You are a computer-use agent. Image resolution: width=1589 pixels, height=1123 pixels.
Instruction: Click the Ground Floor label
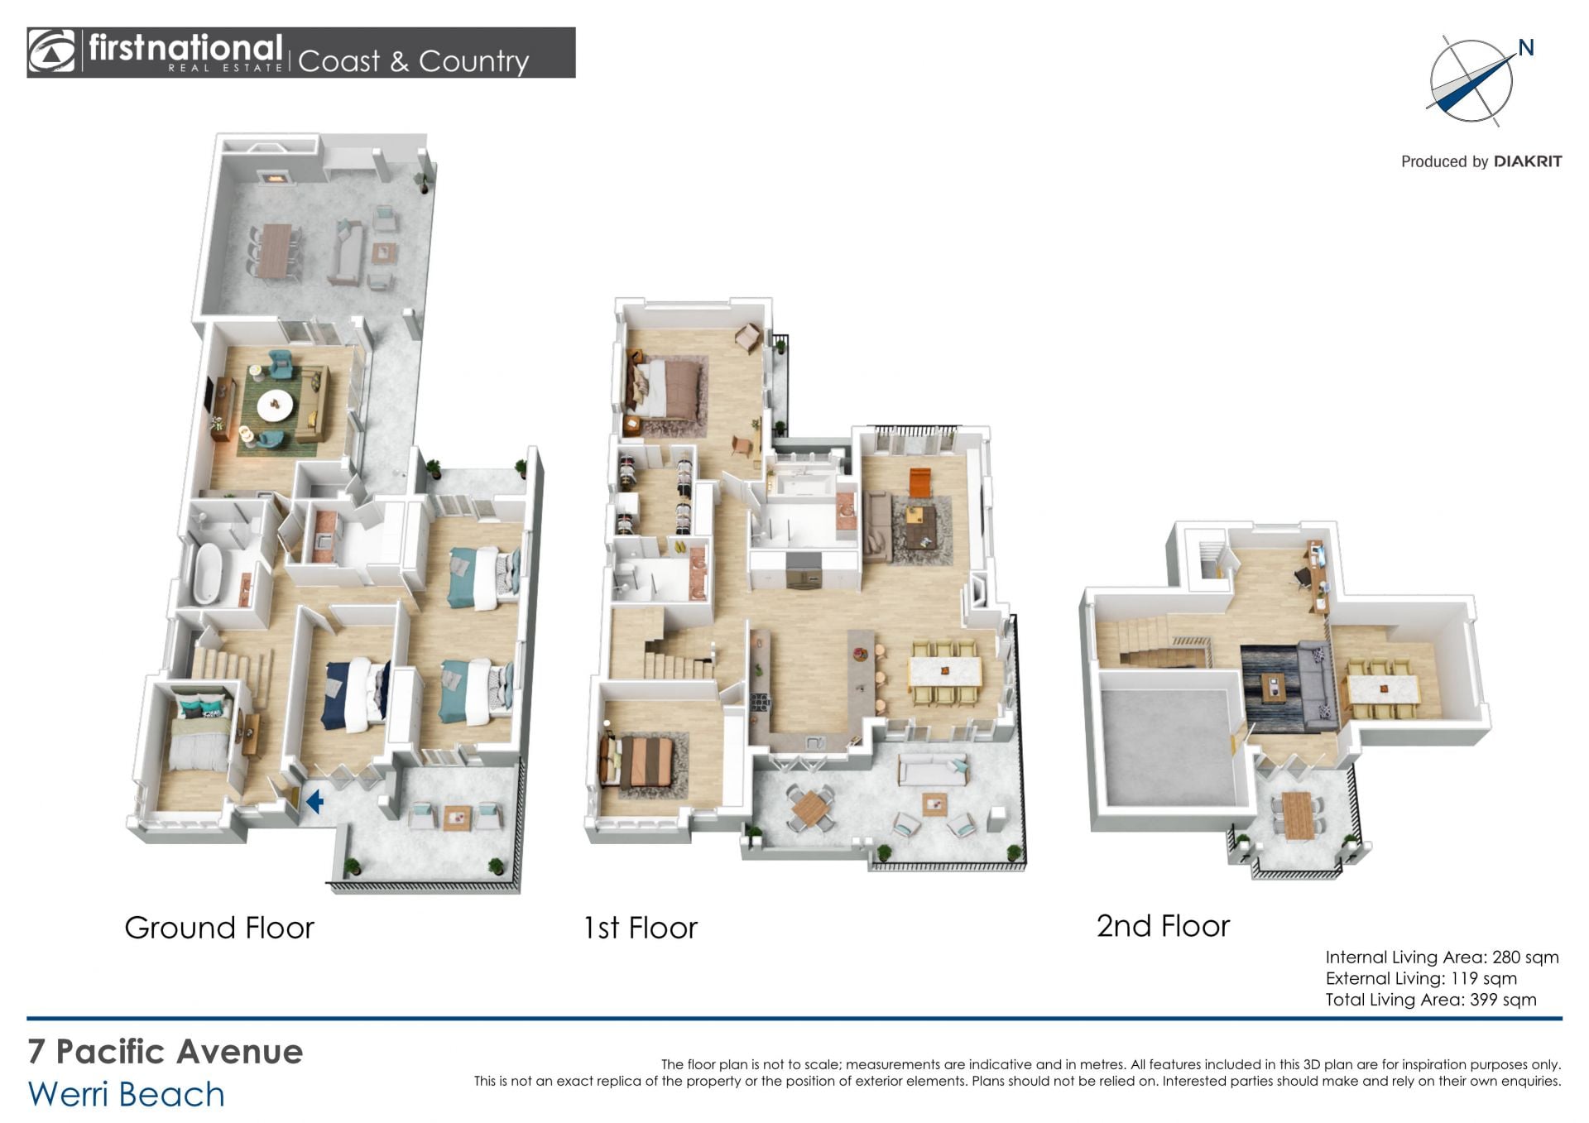coord(219,928)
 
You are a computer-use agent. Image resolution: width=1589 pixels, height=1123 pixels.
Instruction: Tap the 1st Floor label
coord(641,928)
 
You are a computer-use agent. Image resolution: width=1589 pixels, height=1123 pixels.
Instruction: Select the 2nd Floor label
coord(1163,926)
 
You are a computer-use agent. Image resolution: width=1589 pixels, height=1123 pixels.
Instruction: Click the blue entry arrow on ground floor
coord(314,801)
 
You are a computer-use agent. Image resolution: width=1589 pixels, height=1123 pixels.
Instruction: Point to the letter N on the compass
coord(1526,48)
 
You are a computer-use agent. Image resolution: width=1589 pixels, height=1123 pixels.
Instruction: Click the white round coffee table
coord(275,406)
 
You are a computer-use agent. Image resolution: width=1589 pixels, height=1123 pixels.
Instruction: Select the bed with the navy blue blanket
coord(357,695)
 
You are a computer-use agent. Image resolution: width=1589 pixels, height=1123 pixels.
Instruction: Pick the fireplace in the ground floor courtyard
coord(274,176)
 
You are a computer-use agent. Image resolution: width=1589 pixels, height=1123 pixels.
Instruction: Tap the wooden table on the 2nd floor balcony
coord(1295,815)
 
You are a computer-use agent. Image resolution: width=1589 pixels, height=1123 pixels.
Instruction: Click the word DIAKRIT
coord(1528,161)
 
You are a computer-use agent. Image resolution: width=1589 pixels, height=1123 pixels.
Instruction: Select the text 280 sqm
coord(1525,957)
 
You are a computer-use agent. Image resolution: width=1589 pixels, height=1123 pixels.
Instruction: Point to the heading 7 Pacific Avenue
coord(166,1052)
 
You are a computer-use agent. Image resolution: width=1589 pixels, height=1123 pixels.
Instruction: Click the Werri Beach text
coord(127,1094)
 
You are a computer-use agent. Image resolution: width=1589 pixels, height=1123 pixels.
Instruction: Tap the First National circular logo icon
coord(51,51)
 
